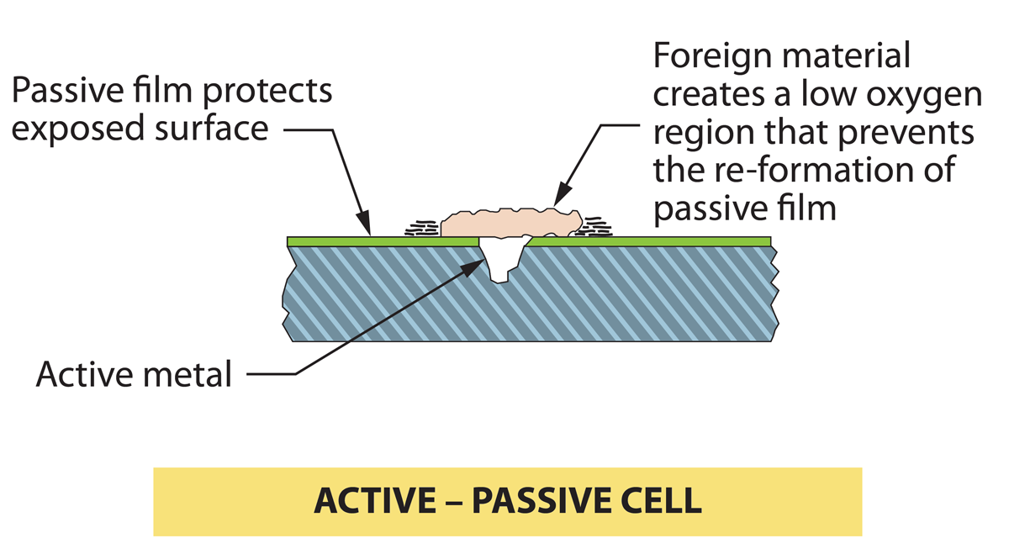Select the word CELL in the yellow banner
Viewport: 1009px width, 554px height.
tap(663, 501)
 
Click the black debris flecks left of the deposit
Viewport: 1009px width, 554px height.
tap(423, 228)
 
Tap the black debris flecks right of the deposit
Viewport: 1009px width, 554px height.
tap(598, 226)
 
